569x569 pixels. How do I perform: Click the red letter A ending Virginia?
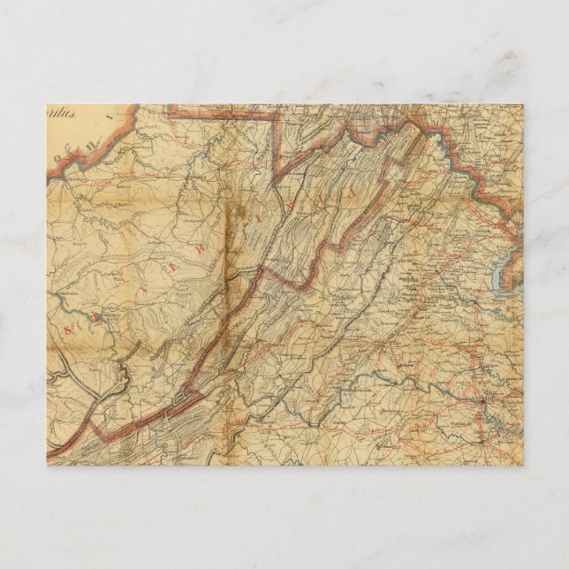(x=351, y=190)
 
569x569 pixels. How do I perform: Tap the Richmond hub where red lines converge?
(x=482, y=406)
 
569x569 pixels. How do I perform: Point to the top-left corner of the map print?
(x=47, y=105)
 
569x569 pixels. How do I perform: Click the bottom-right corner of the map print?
(x=523, y=465)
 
